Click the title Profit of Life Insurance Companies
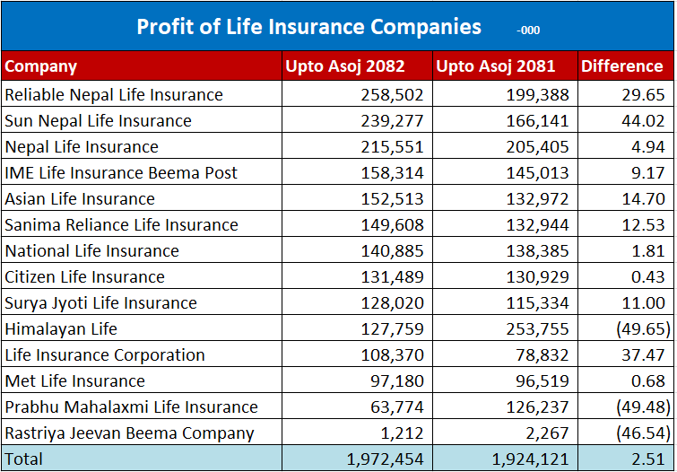308,27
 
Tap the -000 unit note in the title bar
528,31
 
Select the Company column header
41,66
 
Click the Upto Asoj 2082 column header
344,66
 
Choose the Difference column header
621,66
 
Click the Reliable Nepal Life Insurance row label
114,95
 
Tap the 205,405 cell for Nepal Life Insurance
538,147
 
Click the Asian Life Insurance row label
80,199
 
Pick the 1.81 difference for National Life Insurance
647,251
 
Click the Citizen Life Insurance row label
85,277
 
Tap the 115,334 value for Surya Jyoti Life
538,303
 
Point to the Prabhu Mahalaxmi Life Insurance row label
131,407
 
